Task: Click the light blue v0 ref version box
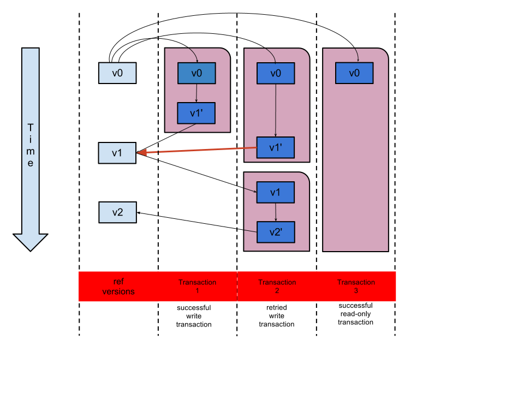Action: pos(117,73)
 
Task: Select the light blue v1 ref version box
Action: pos(117,153)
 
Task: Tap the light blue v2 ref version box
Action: pos(117,212)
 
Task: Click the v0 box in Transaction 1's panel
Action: pos(196,73)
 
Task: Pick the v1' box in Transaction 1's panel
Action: pos(196,113)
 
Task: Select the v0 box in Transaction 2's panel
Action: pos(276,73)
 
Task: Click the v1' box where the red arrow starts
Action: pos(276,147)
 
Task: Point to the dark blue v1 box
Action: pos(276,192)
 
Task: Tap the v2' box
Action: pos(276,232)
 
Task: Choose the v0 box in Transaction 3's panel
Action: pos(354,73)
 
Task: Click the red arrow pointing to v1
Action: pos(196,150)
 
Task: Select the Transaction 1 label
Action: pos(198,286)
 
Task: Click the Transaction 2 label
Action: pos(277,286)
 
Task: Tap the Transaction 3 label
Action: pos(356,286)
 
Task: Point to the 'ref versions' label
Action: pos(118,286)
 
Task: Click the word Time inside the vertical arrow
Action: pos(31,145)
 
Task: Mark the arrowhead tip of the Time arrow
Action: pos(31,249)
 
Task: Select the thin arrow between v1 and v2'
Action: pos(276,212)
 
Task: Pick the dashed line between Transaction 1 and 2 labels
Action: pos(237,286)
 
